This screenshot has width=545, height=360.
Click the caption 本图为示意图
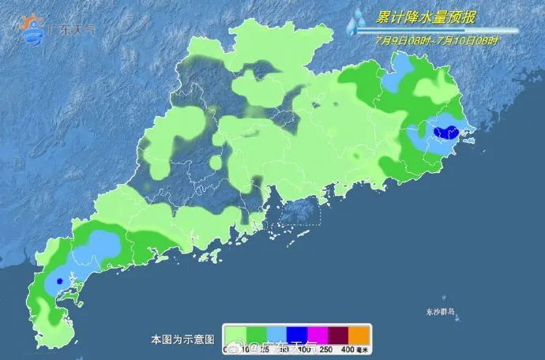pos(182,339)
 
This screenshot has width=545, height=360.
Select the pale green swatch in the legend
pos(235,335)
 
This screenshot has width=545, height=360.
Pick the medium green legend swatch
pos(256,335)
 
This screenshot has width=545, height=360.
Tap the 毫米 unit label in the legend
pos(364,348)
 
